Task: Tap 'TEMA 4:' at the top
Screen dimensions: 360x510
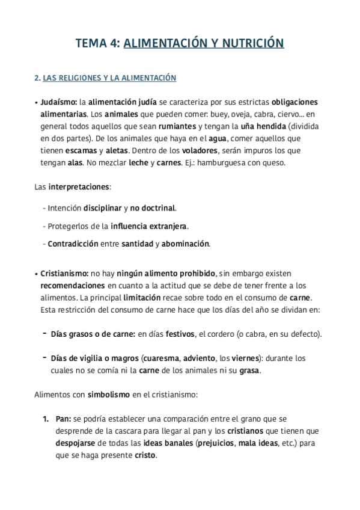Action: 98,43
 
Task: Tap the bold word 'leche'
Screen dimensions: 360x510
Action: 138,162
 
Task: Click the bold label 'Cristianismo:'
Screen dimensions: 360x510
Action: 65,274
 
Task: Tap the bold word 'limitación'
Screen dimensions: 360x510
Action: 142,298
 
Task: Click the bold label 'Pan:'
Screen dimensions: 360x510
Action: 64,419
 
